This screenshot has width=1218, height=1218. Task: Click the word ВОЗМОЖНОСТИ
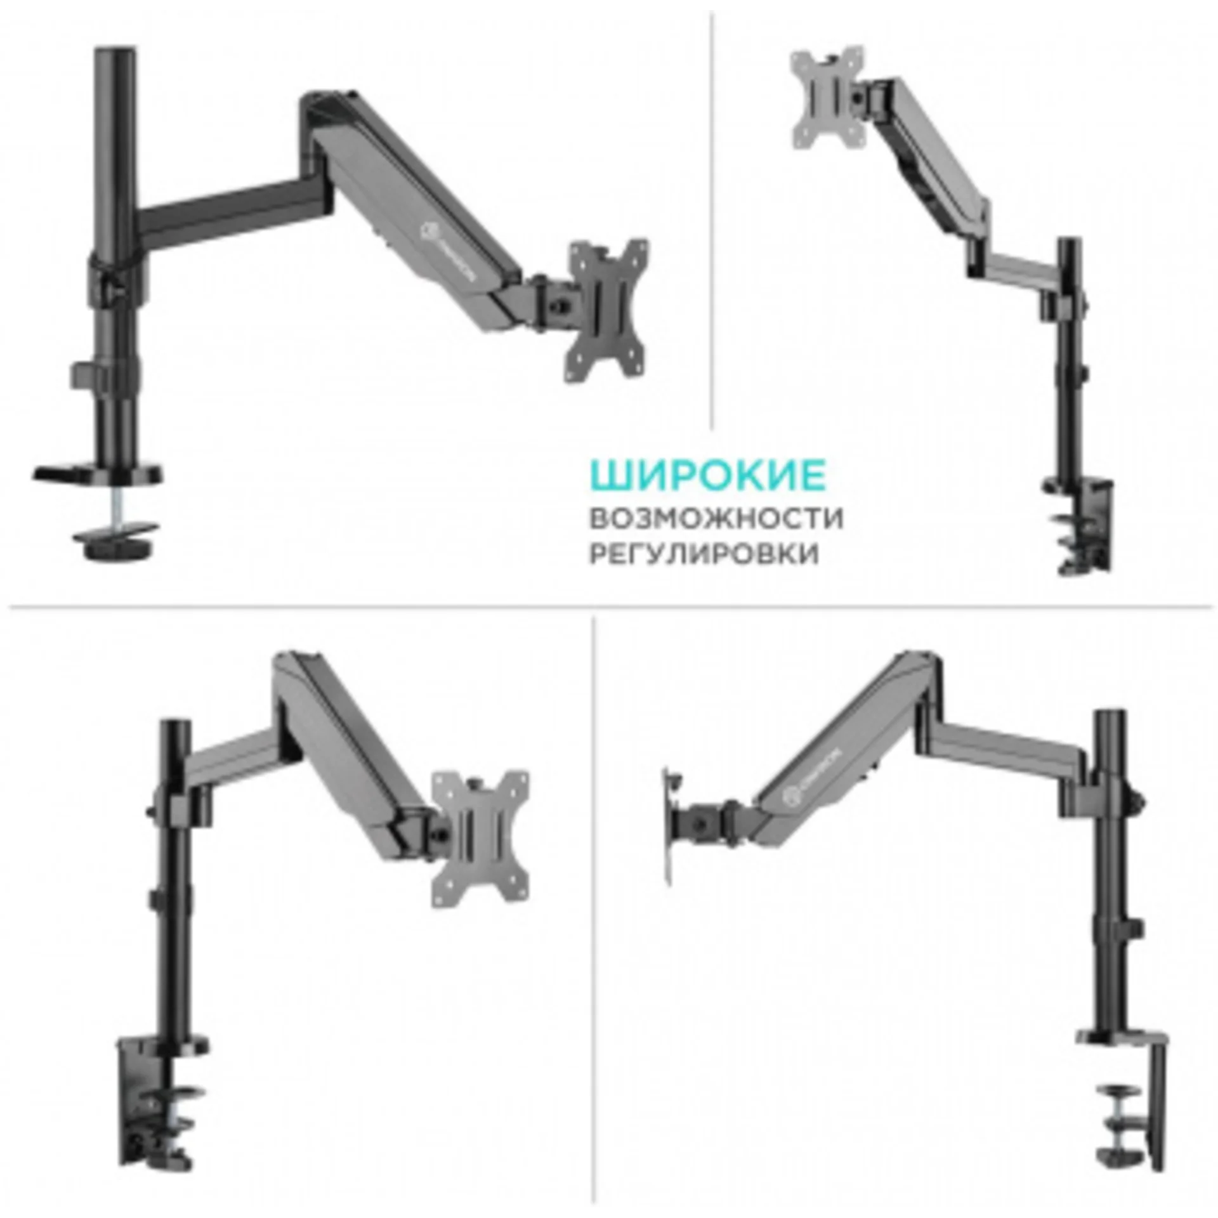(716, 518)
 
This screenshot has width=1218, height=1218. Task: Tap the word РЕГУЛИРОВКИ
(704, 554)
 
